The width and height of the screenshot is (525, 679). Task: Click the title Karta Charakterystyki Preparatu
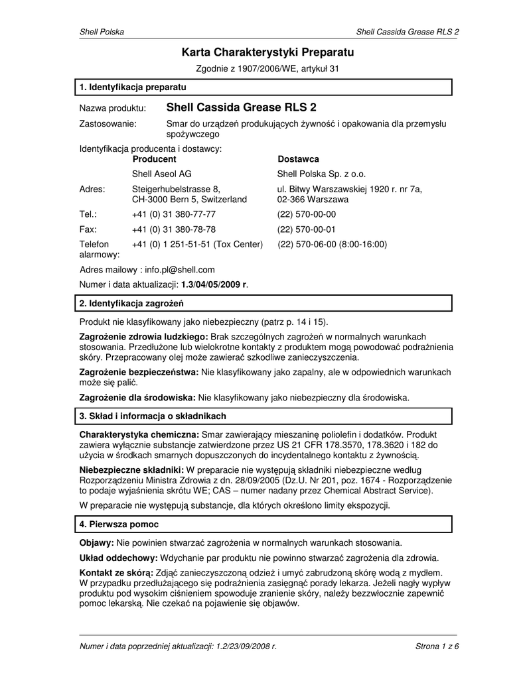(268, 52)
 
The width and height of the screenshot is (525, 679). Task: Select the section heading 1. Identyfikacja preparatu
(133, 88)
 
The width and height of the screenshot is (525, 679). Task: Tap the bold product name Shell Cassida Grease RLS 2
(242, 107)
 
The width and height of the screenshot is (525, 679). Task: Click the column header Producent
(154, 159)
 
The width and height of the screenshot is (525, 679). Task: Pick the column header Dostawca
(298, 159)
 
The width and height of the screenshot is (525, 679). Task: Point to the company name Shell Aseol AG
(162, 174)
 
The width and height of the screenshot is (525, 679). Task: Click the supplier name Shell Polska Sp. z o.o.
(321, 174)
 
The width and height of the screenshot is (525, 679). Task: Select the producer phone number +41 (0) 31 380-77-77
(173, 214)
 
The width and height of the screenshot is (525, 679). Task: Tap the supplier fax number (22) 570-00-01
(307, 229)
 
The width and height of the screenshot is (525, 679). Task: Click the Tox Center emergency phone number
(197, 244)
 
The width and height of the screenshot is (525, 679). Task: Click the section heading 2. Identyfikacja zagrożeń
(131, 304)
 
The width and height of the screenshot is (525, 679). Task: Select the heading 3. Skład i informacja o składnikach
(153, 416)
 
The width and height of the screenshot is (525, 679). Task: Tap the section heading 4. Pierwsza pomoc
(119, 525)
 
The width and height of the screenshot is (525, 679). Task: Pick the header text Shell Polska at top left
(102, 32)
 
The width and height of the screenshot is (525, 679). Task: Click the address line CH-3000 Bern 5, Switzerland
(189, 200)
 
